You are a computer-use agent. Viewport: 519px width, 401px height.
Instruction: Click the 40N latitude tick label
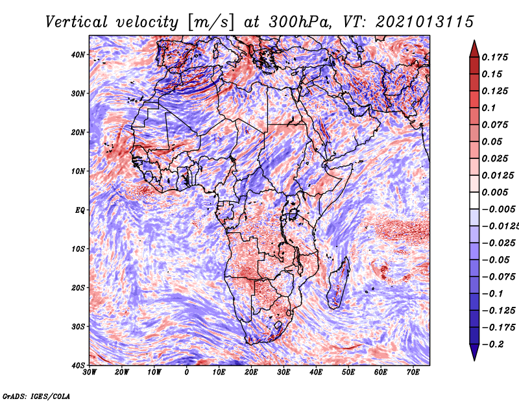pyautogui.click(x=78, y=55)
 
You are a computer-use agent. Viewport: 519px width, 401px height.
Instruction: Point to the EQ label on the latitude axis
pyautogui.click(x=80, y=210)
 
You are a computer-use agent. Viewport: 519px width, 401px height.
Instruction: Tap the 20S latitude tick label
pyautogui.click(x=78, y=287)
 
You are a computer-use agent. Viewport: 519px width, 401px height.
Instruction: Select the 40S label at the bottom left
pyautogui.click(x=78, y=365)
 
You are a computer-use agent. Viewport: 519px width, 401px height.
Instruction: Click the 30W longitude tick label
pyautogui.click(x=90, y=372)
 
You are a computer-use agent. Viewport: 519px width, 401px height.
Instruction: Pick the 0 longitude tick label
pyautogui.click(x=187, y=372)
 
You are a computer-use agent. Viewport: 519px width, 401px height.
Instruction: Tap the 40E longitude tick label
pyautogui.click(x=316, y=372)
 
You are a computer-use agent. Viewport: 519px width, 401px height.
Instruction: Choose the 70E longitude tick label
pyautogui.click(x=413, y=372)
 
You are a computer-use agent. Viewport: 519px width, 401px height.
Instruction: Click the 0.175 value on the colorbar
pyautogui.click(x=495, y=57)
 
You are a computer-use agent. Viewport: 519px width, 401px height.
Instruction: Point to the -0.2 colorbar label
pyautogui.click(x=493, y=344)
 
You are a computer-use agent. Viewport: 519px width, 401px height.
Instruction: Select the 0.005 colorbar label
pyautogui.click(x=495, y=192)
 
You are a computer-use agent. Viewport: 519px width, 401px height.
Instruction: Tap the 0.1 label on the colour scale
pyautogui.click(x=489, y=108)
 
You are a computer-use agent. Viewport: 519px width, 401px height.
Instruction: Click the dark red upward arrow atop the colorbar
pyautogui.click(x=474, y=49)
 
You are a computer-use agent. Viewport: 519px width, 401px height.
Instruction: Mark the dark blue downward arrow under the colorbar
pyautogui.click(x=474, y=352)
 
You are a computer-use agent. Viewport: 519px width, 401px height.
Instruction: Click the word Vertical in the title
pyautogui.click(x=77, y=22)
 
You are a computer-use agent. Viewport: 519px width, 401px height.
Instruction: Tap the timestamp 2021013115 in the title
pyautogui.click(x=425, y=22)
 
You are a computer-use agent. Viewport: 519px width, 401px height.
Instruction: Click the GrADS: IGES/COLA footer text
pyautogui.click(x=36, y=396)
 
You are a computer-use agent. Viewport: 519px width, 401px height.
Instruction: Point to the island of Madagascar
pyautogui.click(x=339, y=283)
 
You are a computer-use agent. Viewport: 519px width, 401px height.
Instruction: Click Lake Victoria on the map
pyautogui.click(x=293, y=214)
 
